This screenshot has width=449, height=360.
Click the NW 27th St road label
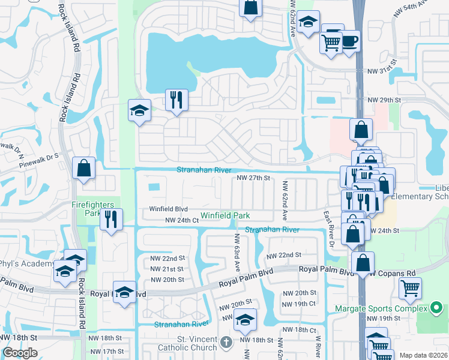click(254, 178)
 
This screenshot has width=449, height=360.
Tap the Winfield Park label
click(225, 215)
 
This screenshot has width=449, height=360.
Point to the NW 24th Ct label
click(182, 221)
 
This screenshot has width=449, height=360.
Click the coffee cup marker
click(350, 42)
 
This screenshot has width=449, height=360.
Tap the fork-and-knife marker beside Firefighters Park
click(111, 219)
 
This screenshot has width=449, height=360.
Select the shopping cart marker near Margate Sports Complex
click(411, 288)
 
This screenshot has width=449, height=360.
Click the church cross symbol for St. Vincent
click(226, 342)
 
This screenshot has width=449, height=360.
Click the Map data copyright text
click(424, 355)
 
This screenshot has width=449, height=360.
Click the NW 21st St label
click(167, 269)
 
